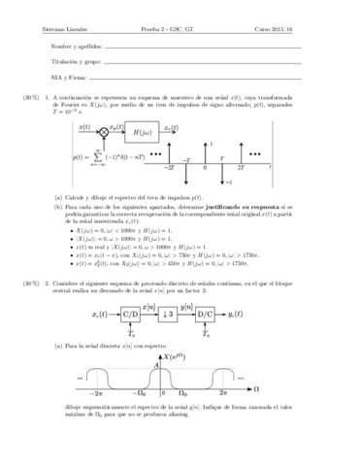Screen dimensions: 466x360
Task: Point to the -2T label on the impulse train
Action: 170,169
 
